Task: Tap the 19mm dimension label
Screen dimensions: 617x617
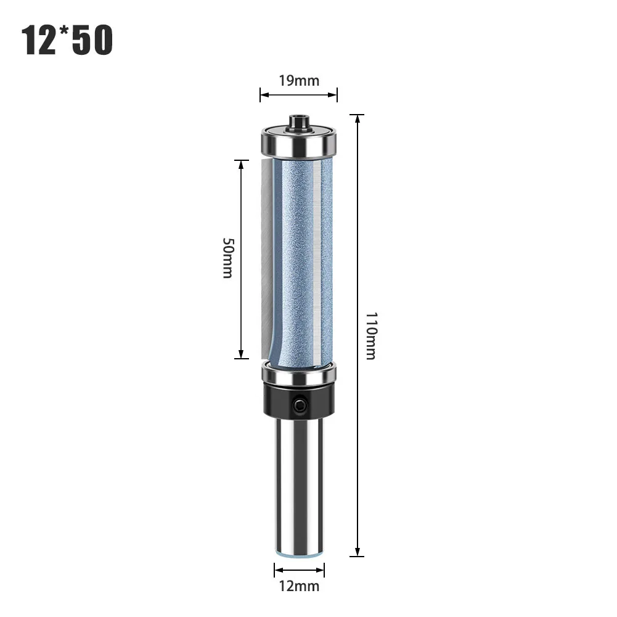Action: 298,80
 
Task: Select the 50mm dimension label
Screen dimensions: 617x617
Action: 227,258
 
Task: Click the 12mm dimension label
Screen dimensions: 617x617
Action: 299,586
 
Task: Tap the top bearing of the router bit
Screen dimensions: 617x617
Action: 299,141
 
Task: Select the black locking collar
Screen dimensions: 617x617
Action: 299,399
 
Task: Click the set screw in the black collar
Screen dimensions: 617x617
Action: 300,405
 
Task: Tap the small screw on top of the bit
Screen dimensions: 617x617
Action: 299,120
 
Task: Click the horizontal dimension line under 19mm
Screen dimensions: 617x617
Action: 299,94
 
